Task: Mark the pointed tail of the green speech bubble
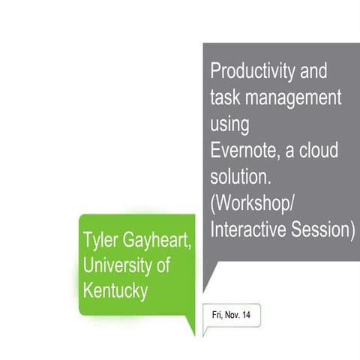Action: (x=193, y=330)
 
